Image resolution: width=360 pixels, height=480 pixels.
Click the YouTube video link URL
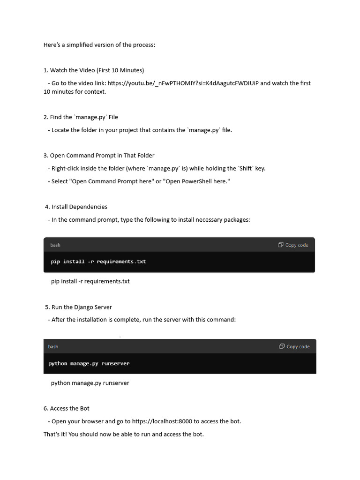[183, 83]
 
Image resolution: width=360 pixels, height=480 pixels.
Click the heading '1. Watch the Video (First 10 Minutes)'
[94, 70]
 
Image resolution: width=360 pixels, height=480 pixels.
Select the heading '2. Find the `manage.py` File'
[81, 117]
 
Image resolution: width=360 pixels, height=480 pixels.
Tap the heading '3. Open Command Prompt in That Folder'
[99, 156]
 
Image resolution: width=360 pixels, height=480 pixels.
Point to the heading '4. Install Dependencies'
[76, 207]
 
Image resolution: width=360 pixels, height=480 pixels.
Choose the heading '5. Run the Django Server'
[78, 307]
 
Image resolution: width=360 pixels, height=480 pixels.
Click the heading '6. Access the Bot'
[67, 408]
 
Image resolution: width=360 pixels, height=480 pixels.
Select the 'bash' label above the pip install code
[55, 245]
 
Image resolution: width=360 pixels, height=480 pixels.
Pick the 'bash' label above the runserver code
[53, 346]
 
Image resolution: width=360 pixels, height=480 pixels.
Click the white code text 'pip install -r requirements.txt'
[98, 262]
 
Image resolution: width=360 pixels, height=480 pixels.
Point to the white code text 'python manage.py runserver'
[89, 363]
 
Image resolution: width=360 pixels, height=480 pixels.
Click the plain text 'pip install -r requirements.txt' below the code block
[90, 281]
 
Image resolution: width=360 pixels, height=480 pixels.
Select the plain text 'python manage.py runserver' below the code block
[90, 383]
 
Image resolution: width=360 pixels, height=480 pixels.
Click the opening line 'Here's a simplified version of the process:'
[99, 45]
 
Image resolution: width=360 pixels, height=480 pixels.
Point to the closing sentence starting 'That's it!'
[124, 434]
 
